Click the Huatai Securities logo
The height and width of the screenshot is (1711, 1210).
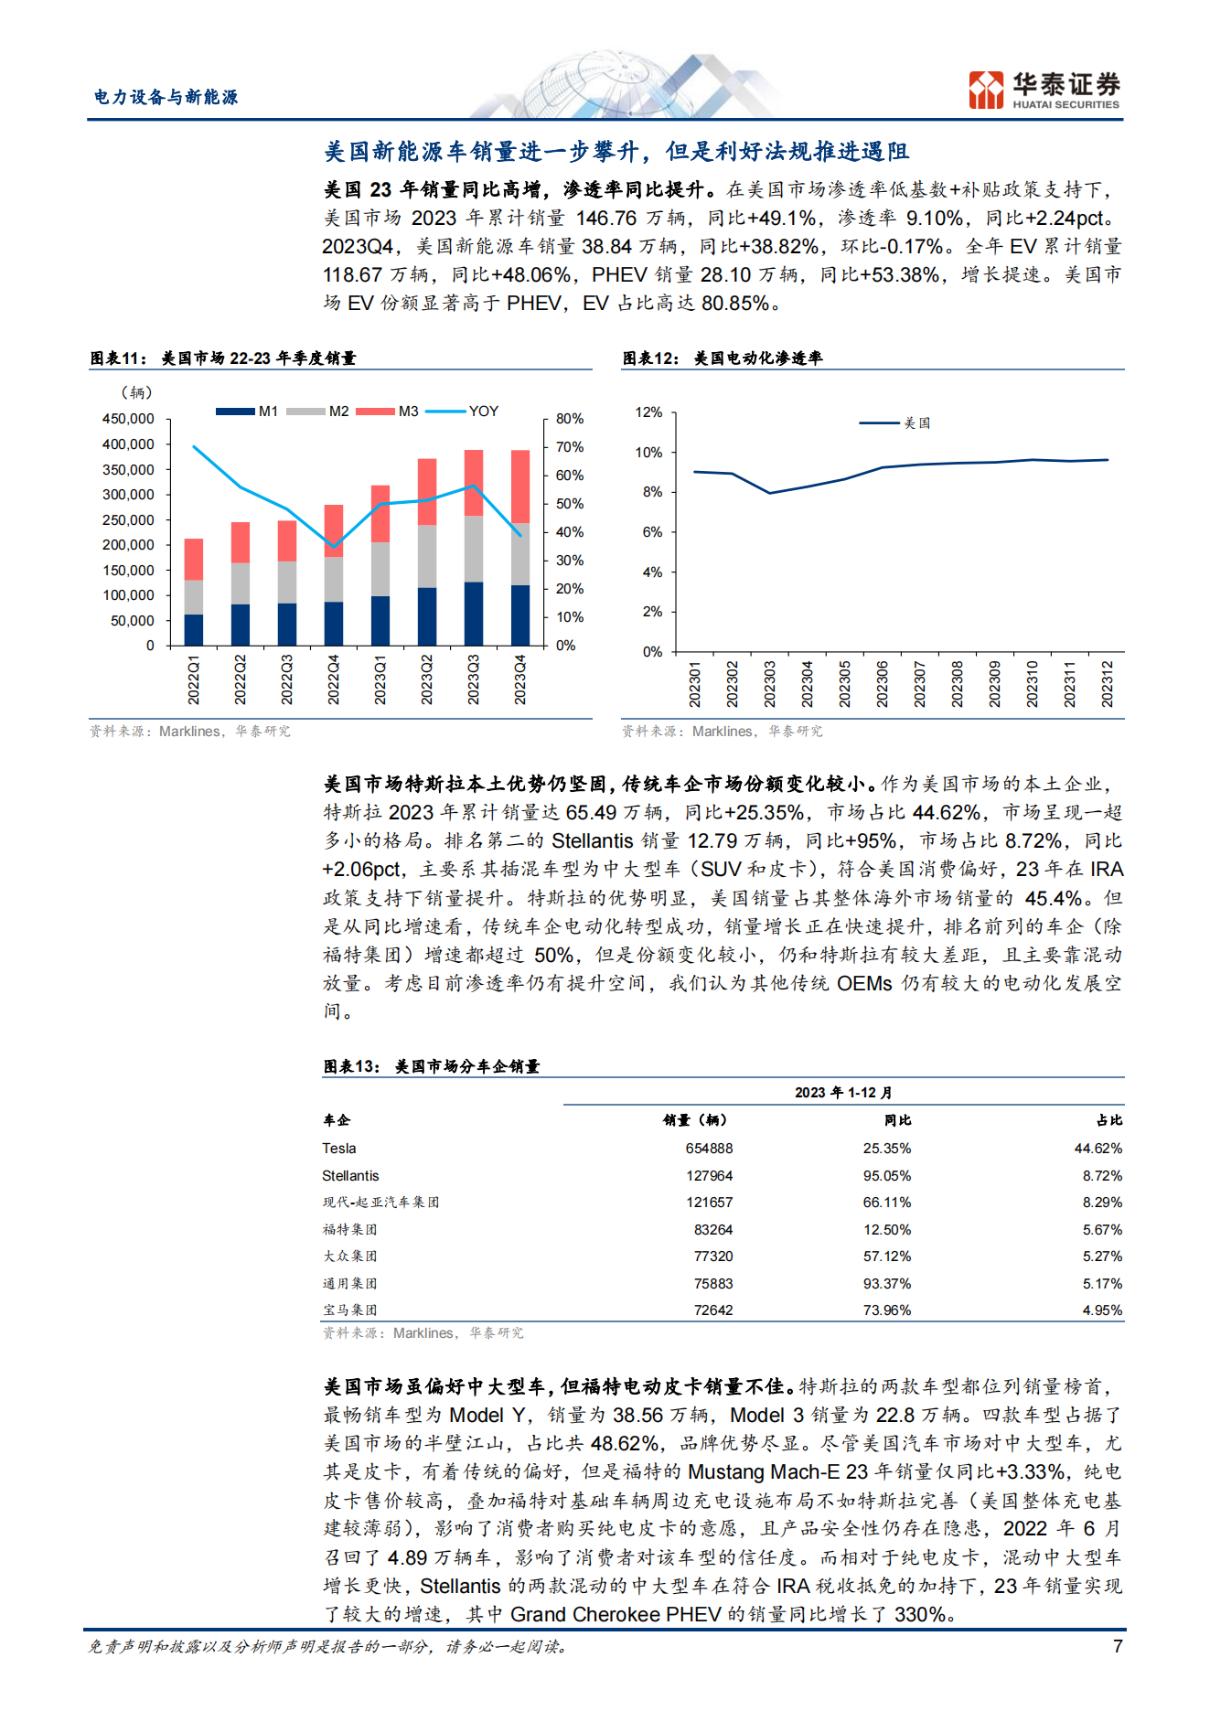(x=1044, y=90)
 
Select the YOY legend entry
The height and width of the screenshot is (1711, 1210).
(x=463, y=412)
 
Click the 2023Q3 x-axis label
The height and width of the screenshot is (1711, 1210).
(x=473, y=679)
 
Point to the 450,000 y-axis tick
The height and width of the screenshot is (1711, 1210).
(x=128, y=419)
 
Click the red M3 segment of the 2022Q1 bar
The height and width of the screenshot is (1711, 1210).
(x=194, y=560)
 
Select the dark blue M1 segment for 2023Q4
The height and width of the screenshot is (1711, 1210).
(x=519, y=615)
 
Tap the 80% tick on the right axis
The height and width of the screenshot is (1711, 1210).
(x=570, y=419)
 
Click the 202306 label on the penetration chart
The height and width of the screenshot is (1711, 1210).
(x=882, y=684)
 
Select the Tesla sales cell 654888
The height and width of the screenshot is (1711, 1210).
(x=709, y=1149)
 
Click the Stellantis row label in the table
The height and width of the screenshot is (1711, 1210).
(x=350, y=1176)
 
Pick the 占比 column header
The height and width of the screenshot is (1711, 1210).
(x=1109, y=1120)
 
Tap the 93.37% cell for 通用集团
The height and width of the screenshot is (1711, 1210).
(x=887, y=1284)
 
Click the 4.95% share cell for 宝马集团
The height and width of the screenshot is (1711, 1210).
(x=1102, y=1310)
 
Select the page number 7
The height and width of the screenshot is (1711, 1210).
(x=1117, y=1646)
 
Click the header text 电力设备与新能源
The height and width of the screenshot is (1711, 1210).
(x=166, y=97)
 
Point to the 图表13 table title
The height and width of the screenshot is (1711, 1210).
(x=431, y=1066)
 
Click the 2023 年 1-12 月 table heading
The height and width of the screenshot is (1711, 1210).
(x=843, y=1093)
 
